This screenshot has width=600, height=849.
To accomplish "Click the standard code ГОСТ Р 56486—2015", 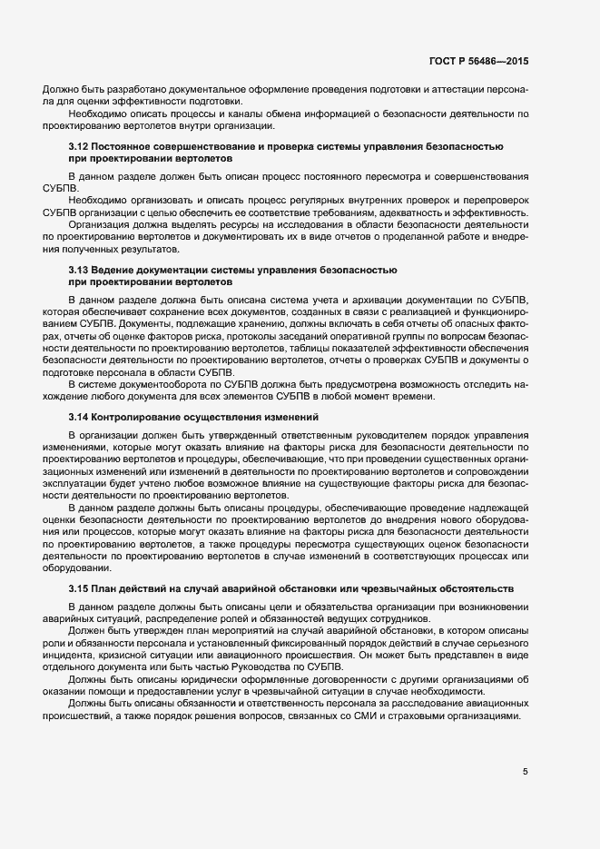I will pyautogui.click(x=478, y=61).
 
